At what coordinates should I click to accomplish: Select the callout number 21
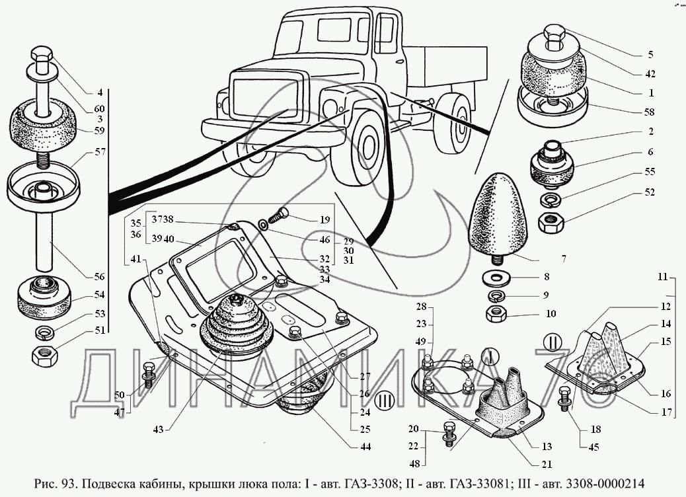(546, 464)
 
